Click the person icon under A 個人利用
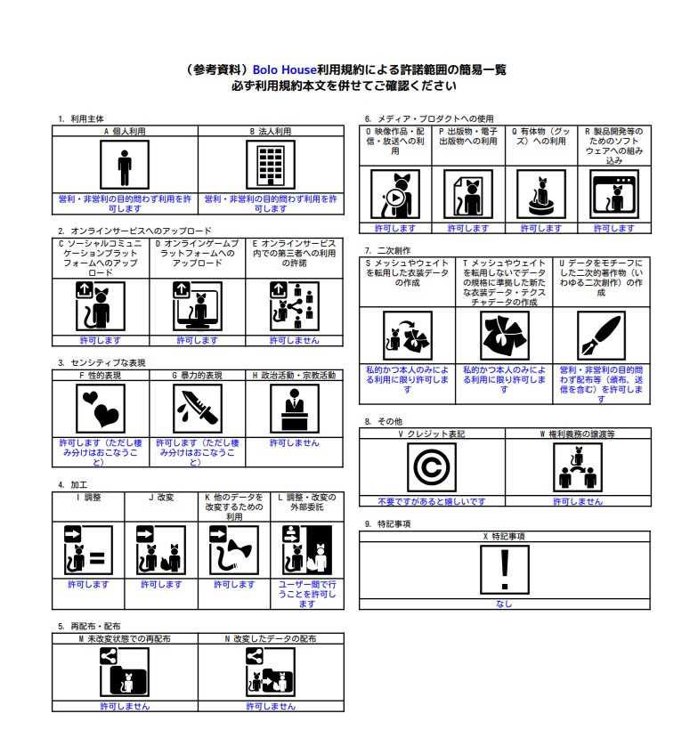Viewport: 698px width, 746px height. coord(125,166)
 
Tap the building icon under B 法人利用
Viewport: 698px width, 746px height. coord(270,166)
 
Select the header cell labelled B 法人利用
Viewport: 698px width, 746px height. coord(270,131)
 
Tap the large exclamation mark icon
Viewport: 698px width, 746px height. coord(504,569)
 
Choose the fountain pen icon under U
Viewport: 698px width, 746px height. coord(600,334)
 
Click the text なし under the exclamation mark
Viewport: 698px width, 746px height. coord(504,604)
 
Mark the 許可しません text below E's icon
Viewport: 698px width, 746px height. coord(294,340)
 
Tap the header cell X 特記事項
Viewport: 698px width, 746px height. coord(504,537)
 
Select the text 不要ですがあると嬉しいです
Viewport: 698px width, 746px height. coord(431,502)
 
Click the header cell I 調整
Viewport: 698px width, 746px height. coord(88,497)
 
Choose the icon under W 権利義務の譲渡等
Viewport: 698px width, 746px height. coord(577,466)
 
